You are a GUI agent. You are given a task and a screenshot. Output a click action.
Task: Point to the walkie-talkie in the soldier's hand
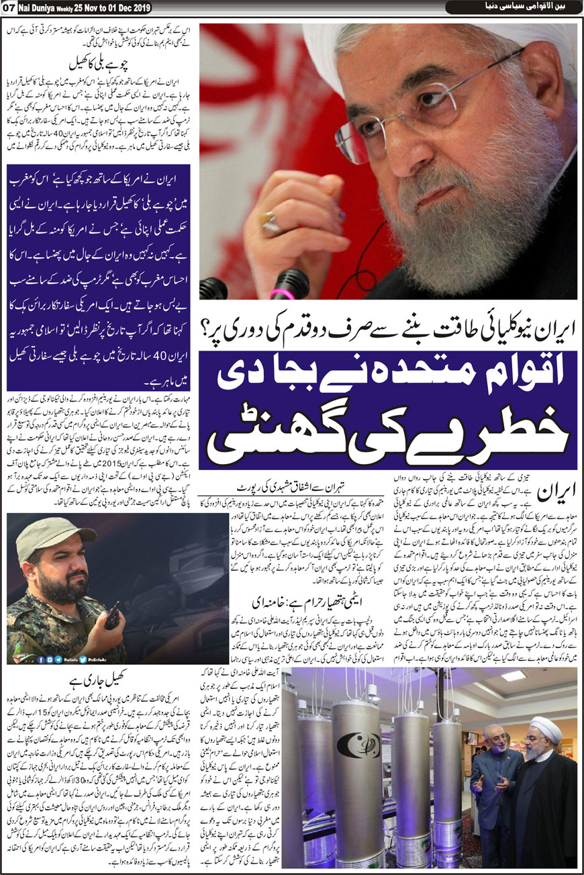(x=113, y=614)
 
